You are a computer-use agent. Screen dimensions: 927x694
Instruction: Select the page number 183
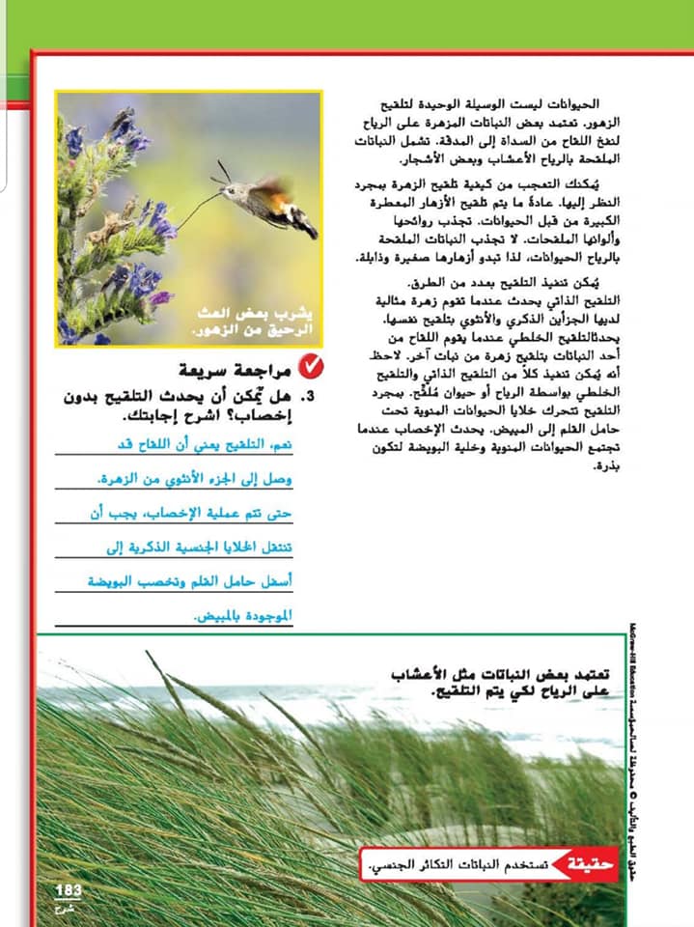[69, 889]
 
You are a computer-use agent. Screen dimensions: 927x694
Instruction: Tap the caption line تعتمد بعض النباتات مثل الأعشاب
[502, 674]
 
